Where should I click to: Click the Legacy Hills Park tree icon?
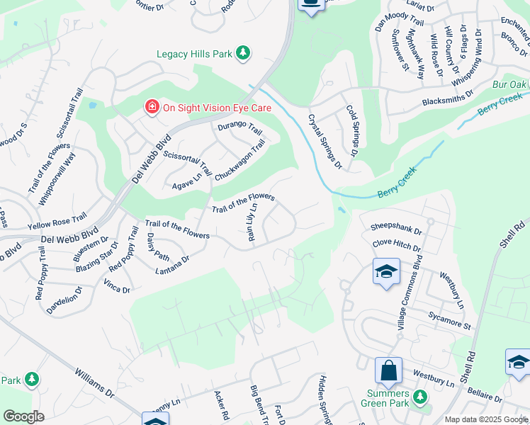(243, 53)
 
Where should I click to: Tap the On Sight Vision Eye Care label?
(218, 108)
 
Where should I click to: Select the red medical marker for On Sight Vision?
(152, 108)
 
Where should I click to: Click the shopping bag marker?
(388, 370)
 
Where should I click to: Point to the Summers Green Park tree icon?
(420, 396)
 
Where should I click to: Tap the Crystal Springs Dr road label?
(325, 142)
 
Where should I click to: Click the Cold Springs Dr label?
(353, 131)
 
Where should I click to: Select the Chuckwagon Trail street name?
(239, 159)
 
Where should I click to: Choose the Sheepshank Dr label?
(396, 231)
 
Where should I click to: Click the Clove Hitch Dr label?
(396, 245)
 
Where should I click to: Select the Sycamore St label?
(449, 319)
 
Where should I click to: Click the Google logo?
(23, 416)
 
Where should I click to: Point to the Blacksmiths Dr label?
(447, 101)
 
